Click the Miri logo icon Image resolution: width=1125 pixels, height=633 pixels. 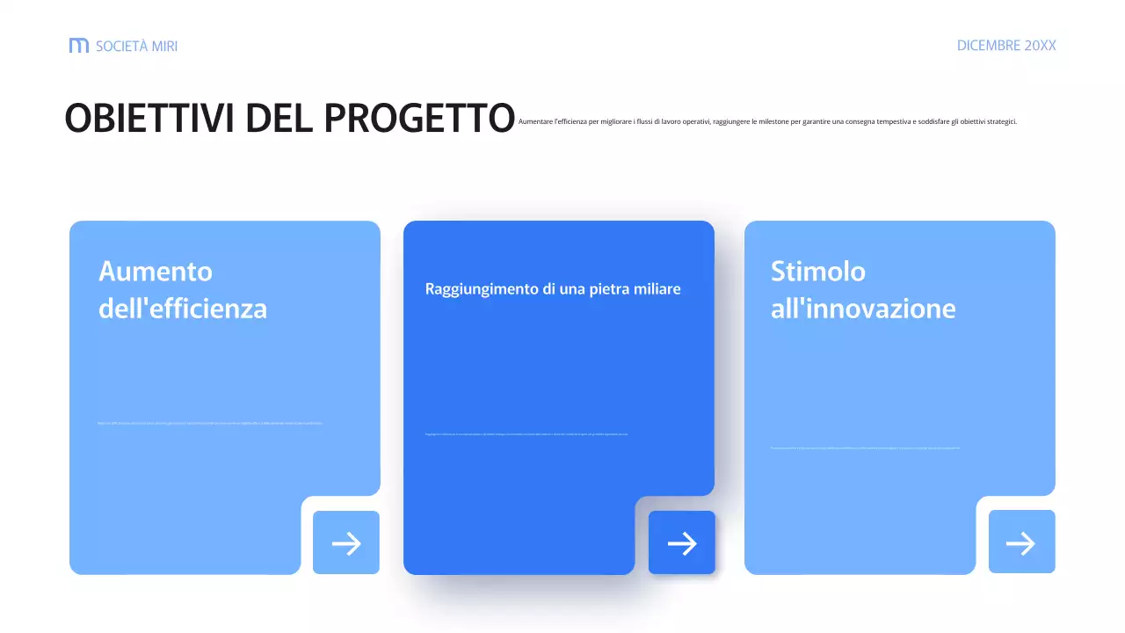coord(79,46)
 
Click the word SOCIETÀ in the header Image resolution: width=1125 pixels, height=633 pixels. coord(121,46)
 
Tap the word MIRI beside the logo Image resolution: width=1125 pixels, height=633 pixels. coord(164,46)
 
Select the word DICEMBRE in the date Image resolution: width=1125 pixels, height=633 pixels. coord(988,46)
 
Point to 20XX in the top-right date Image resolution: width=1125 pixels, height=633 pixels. coord(1040,46)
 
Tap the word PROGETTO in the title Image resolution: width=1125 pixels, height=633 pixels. coord(419,119)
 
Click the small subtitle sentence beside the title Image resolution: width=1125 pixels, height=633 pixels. coord(767,121)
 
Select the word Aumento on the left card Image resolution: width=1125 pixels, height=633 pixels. coord(156,271)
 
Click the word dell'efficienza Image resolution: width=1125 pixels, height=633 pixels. coord(183,309)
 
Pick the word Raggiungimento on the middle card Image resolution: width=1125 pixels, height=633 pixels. coord(480,288)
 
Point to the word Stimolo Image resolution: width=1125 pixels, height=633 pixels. coord(818,271)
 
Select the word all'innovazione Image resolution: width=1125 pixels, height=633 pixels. coord(863,309)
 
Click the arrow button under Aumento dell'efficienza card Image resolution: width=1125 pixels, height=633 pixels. coord(346,543)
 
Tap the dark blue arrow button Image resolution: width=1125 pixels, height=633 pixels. coord(682,543)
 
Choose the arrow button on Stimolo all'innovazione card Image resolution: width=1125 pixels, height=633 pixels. coord(1021,542)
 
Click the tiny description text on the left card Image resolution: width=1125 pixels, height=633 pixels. coord(210,423)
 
